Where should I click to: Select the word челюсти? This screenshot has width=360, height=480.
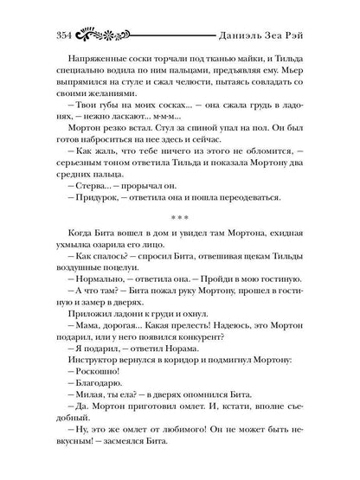click(187, 76)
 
